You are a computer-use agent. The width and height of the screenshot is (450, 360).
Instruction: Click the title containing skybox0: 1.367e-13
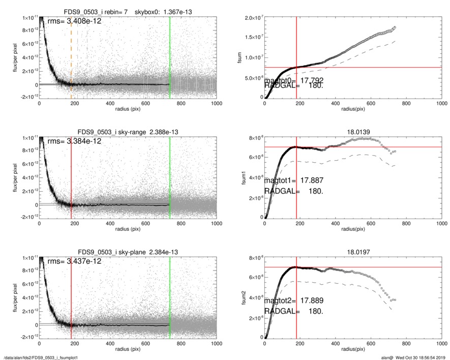128,11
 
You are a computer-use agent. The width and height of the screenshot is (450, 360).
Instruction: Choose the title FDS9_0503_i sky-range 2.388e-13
128,132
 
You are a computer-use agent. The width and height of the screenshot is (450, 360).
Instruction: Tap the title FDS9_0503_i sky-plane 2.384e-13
128,252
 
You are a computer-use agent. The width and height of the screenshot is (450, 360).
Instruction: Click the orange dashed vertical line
71,56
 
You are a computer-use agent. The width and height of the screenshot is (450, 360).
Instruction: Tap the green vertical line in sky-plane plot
170,295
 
